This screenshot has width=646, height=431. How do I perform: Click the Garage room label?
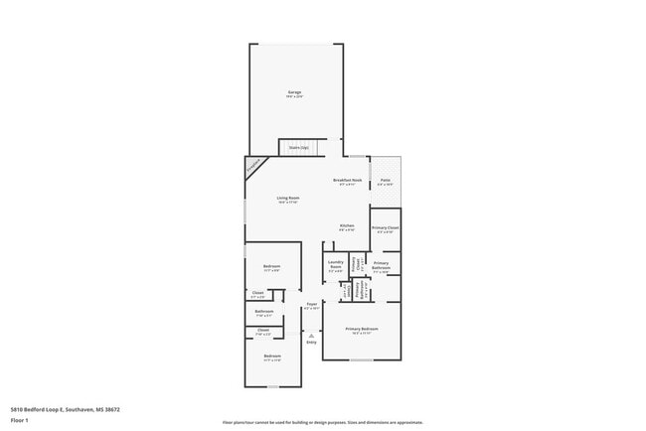tap(294, 92)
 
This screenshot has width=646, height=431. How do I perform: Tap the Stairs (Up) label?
tap(298, 147)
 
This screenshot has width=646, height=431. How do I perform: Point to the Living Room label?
tap(287, 198)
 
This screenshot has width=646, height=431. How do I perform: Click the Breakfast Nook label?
tap(347, 180)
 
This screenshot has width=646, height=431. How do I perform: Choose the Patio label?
tap(385, 180)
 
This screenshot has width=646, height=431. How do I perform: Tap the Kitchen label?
tap(347, 225)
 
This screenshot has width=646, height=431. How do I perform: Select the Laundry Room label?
tap(335, 263)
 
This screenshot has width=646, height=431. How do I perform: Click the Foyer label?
tap(311, 304)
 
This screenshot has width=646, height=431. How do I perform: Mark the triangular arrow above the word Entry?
tap(311, 336)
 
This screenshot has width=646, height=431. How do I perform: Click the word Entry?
tap(311, 343)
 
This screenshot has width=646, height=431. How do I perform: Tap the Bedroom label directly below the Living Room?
tap(271, 266)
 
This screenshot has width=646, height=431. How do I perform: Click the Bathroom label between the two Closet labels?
tap(263, 311)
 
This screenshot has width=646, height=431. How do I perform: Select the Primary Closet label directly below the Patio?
tap(385, 228)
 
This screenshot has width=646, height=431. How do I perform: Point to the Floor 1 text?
tap(19, 420)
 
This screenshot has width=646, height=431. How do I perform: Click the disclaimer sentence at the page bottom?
tap(322, 422)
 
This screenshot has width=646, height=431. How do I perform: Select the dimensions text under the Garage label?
tap(294, 97)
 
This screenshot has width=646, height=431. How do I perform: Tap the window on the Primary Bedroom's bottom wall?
tap(362, 359)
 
